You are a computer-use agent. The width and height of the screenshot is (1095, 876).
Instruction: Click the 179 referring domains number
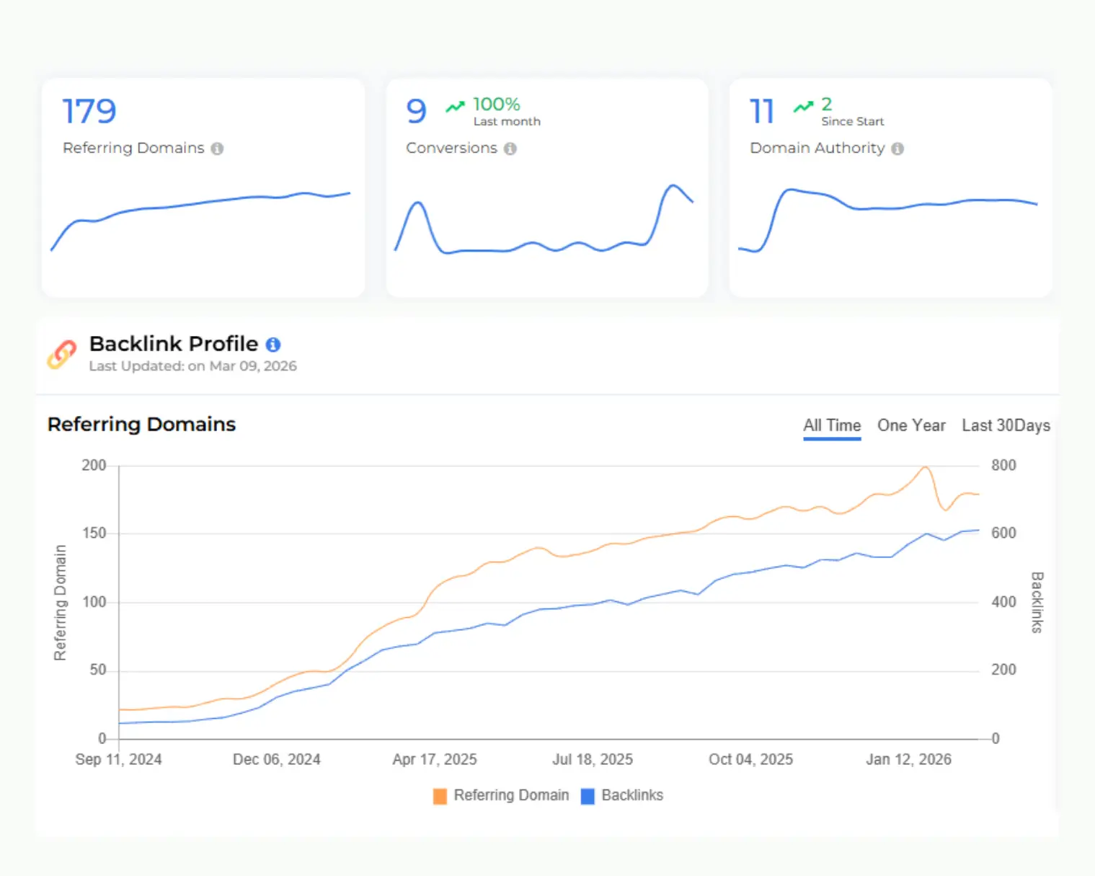(x=89, y=112)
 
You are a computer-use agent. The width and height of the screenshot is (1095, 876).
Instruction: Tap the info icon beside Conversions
(x=510, y=149)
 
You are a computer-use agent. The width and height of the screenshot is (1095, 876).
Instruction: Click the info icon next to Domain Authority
(x=897, y=149)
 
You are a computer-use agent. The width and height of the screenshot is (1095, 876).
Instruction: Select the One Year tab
(x=911, y=425)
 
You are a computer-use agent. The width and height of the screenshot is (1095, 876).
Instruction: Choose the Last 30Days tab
(x=1006, y=425)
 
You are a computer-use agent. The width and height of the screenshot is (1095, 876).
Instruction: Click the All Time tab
(x=832, y=425)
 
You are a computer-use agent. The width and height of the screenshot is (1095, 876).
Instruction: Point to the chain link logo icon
(x=62, y=354)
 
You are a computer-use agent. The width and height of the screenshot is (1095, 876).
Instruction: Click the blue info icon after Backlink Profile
(x=273, y=345)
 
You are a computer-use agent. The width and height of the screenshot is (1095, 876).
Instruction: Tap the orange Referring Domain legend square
(x=440, y=796)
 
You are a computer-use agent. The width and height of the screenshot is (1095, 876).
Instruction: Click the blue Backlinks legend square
(x=588, y=796)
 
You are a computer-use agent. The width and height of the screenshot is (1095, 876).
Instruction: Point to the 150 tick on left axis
(x=94, y=534)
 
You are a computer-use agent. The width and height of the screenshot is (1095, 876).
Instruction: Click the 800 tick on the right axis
(x=1003, y=466)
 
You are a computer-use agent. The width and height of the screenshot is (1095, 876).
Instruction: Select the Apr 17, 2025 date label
(x=435, y=759)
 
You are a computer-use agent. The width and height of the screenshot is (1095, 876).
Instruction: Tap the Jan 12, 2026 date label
(x=908, y=759)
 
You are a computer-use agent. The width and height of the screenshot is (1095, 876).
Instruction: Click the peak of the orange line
(x=925, y=467)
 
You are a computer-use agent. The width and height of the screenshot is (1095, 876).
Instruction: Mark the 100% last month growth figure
(x=496, y=105)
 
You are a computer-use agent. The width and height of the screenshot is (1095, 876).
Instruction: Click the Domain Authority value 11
(x=761, y=112)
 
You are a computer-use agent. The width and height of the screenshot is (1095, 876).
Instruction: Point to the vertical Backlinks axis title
(x=1037, y=602)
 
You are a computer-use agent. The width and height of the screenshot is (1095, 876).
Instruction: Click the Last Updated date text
(x=192, y=366)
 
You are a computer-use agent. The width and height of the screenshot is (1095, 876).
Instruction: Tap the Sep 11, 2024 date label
(x=118, y=759)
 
